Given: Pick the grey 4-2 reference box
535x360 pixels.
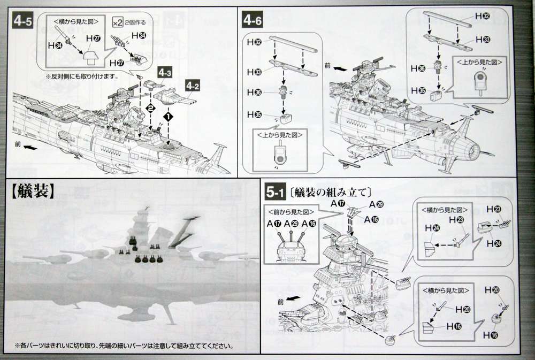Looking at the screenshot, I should click(x=193, y=84).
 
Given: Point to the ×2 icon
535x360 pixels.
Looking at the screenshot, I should click(x=118, y=21).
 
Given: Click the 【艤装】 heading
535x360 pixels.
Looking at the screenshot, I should click(x=32, y=190).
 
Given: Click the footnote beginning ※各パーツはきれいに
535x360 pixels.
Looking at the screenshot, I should click(x=123, y=346).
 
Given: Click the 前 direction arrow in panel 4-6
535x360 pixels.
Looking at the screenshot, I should click(x=332, y=68).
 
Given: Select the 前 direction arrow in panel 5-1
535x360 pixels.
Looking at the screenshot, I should click(x=289, y=300).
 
